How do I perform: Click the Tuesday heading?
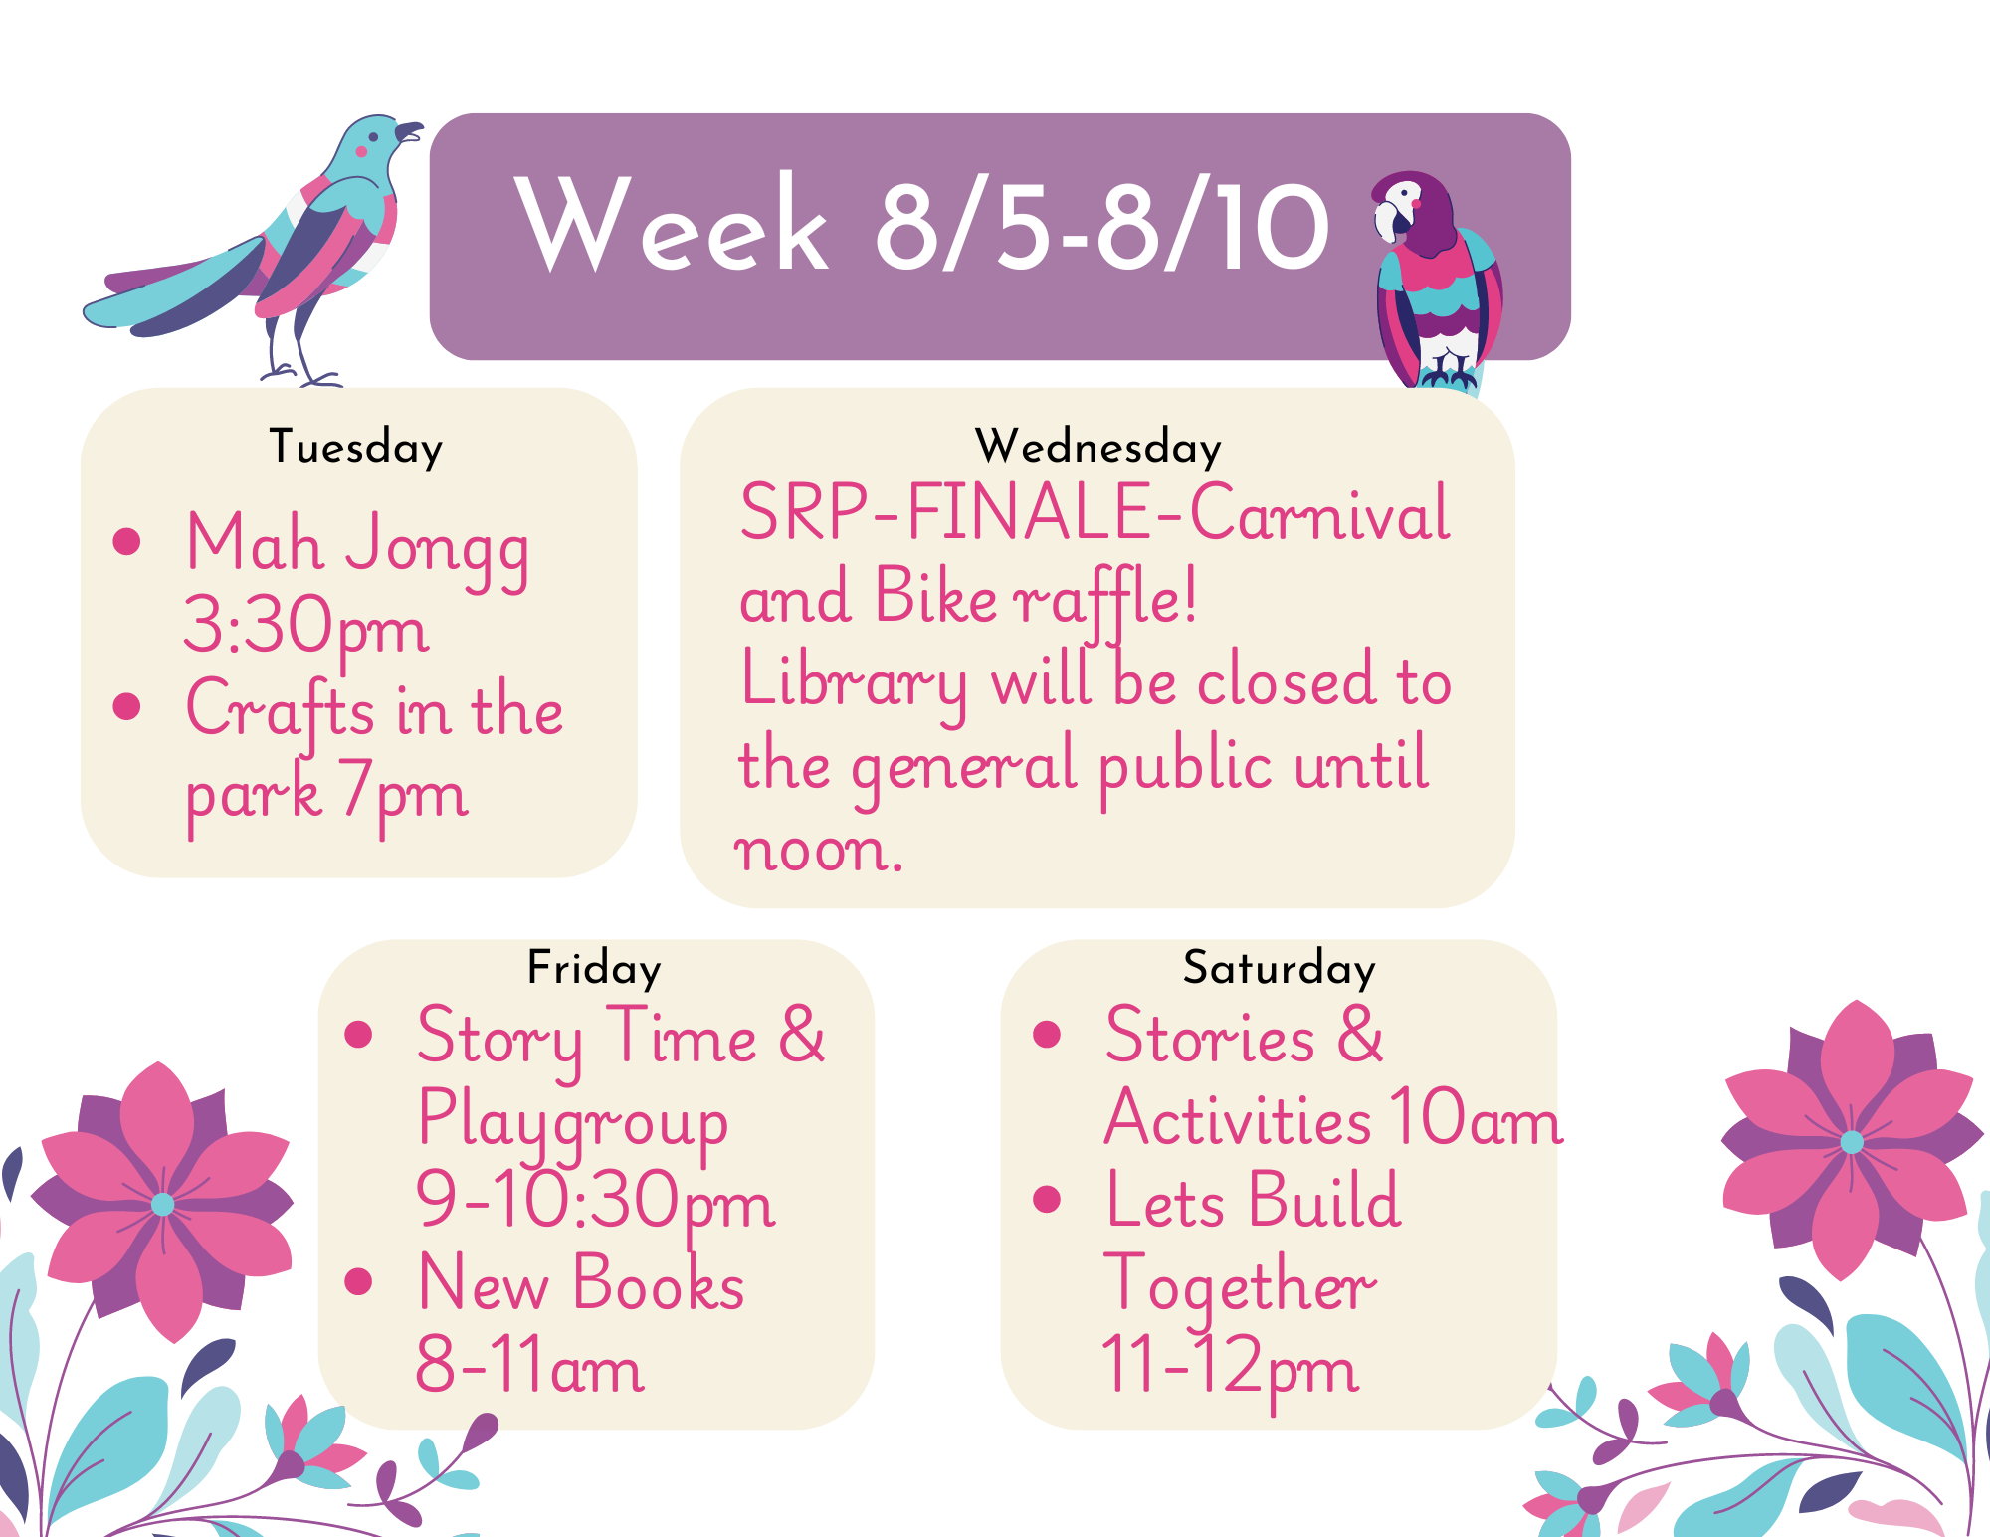[356, 448]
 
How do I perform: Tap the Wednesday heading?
[1097, 447]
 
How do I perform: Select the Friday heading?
[594, 968]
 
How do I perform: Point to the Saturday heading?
[1280, 968]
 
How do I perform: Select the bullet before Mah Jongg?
[126, 541]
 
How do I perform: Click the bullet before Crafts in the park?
[126, 705]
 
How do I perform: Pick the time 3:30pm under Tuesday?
[306, 628]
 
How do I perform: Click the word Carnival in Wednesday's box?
[1319, 513]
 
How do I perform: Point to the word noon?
[818, 852]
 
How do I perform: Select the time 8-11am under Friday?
[530, 1366]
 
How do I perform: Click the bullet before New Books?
[358, 1281]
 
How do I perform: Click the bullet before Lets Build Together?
[1047, 1199]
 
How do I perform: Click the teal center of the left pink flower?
[162, 1205]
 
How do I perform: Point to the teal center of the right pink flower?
[1852, 1142]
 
